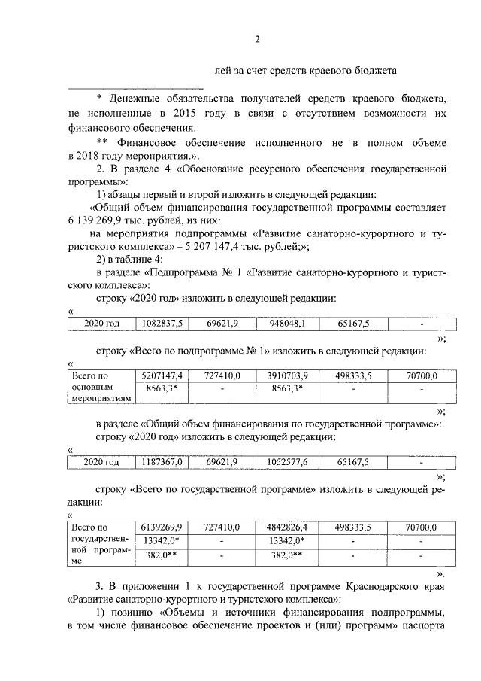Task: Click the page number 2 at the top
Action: [x=256, y=40]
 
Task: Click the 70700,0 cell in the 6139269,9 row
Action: [x=421, y=527]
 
